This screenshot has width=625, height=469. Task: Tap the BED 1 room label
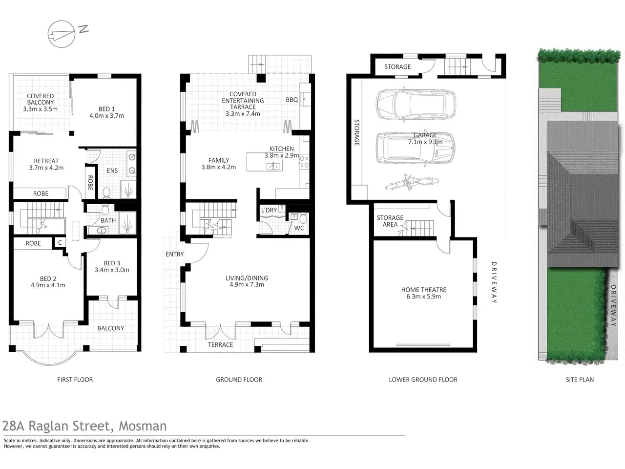(106, 109)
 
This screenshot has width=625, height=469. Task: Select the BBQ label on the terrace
(292, 100)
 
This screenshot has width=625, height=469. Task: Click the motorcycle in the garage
(412, 182)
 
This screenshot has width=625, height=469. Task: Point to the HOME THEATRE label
(423, 290)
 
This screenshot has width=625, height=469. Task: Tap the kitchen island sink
(273, 166)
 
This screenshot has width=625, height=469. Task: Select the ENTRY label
(174, 254)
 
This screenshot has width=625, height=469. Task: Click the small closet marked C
(60, 243)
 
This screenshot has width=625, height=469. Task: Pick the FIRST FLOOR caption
(75, 380)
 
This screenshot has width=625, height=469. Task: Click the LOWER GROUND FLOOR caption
(423, 380)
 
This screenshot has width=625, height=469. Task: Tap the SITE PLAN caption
(580, 380)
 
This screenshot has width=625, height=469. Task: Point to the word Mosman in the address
(143, 426)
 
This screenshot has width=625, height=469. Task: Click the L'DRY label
(269, 210)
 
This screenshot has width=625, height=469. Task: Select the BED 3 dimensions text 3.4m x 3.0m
(112, 270)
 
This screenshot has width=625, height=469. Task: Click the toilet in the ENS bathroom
(106, 192)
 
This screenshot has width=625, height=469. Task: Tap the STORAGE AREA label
(390, 221)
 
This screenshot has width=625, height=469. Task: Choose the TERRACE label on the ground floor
(220, 345)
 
